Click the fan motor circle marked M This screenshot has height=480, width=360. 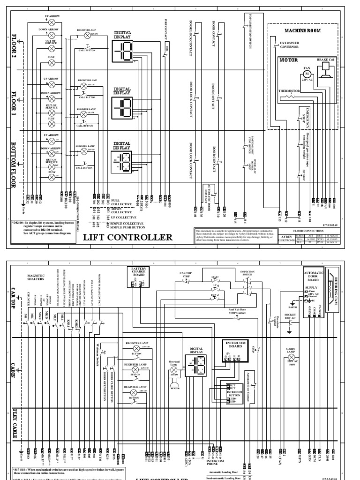click(x=307, y=74)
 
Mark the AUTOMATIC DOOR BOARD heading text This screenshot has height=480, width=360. click(x=313, y=279)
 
